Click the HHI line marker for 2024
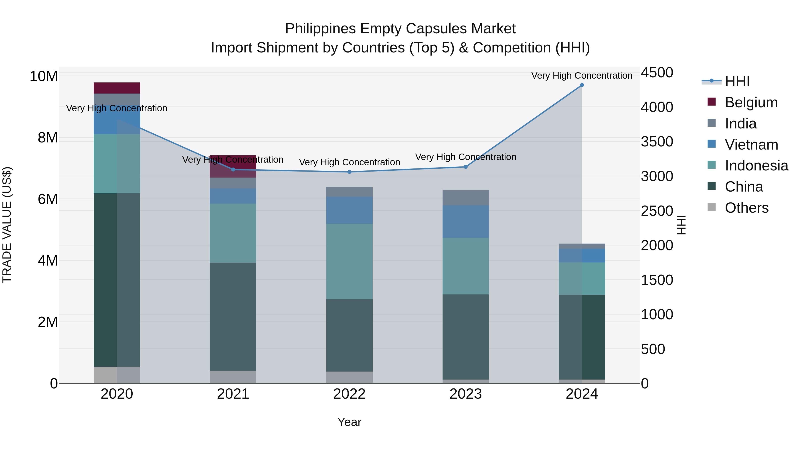[x=582, y=85]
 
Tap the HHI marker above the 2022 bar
[x=349, y=172]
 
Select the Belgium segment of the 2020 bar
[x=117, y=88]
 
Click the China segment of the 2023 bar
[x=465, y=337]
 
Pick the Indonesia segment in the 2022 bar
[x=349, y=262]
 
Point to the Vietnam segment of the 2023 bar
[x=465, y=222]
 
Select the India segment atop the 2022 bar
[x=349, y=192]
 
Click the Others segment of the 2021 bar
[x=233, y=377]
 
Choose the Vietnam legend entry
[x=751, y=145]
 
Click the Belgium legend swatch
[x=712, y=102]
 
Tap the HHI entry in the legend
[x=737, y=81]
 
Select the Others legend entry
[x=746, y=208]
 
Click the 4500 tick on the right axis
[x=657, y=73]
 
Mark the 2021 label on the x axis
[x=233, y=394]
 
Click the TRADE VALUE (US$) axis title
[x=7, y=225]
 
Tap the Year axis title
[x=349, y=422]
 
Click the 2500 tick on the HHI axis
[x=657, y=211]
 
